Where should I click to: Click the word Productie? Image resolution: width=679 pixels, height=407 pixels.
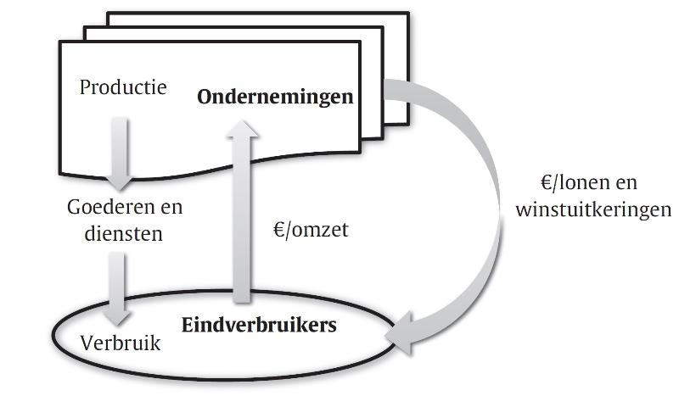(x=123, y=87)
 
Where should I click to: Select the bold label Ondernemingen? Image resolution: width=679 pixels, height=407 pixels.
(x=275, y=97)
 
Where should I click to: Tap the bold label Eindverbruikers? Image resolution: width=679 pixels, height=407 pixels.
(x=259, y=325)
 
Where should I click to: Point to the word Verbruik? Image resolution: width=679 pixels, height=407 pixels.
(x=121, y=343)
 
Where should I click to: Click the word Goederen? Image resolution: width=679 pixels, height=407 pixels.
(x=109, y=207)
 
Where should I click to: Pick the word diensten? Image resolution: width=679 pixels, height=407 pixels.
(x=124, y=233)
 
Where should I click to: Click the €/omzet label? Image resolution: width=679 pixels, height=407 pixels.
(x=311, y=229)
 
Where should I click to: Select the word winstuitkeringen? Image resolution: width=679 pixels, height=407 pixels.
(x=593, y=209)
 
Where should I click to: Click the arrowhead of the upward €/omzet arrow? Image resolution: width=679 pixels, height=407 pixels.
(x=243, y=129)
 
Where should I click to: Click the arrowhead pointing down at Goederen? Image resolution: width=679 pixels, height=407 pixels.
(x=119, y=182)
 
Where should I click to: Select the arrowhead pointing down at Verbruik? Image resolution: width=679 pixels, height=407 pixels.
(x=116, y=318)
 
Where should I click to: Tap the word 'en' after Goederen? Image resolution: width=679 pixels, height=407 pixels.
(x=171, y=207)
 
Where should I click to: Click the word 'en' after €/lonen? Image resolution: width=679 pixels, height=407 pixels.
(x=626, y=182)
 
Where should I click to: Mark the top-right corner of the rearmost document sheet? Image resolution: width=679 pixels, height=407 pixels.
(x=409, y=13)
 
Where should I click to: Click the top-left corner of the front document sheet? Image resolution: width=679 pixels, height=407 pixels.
(x=59, y=42)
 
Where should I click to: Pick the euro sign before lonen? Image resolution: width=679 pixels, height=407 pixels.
(x=547, y=182)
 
